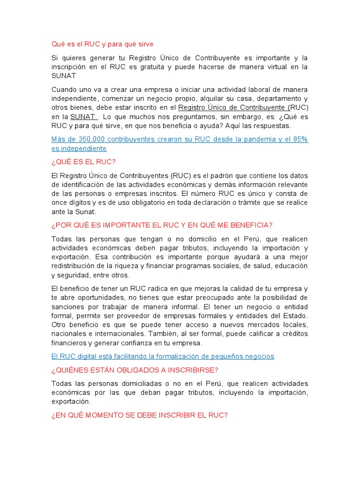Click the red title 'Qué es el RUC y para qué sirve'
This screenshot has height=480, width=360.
pyautogui.click(x=102, y=44)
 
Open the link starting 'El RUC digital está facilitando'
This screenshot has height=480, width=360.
pyautogui.click(x=163, y=356)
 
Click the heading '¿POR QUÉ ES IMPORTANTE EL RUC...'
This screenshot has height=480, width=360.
pyautogui.click(x=162, y=225)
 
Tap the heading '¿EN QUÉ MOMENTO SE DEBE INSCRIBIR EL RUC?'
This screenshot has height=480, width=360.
pyautogui.click(x=139, y=415)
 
